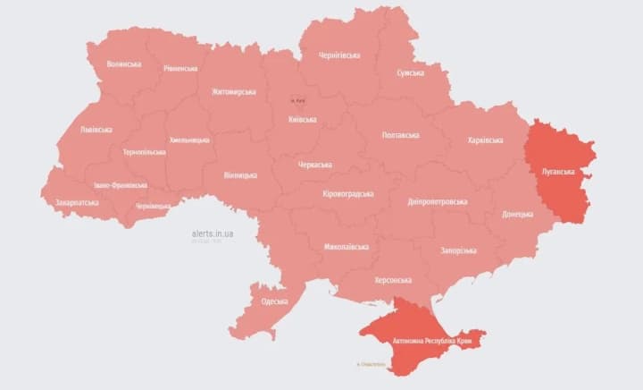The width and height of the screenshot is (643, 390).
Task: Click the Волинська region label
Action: tap(123, 64)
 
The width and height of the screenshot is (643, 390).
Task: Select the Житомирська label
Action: tap(234, 91)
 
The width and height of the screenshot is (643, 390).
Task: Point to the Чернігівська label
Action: tap(339, 55)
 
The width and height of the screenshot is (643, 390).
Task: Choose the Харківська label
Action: tap(485, 140)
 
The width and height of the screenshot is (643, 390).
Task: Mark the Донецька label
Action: tap(517, 215)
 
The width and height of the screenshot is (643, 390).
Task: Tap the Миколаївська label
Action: tap(347, 246)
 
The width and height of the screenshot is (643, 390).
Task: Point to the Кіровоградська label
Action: tap(347, 193)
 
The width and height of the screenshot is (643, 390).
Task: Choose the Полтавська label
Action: tap(400, 135)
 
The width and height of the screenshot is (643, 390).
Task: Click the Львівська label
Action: tap(96, 130)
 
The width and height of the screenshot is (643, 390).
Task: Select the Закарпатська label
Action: tap(77, 202)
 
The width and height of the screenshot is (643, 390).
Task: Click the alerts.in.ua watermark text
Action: tap(213, 233)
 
